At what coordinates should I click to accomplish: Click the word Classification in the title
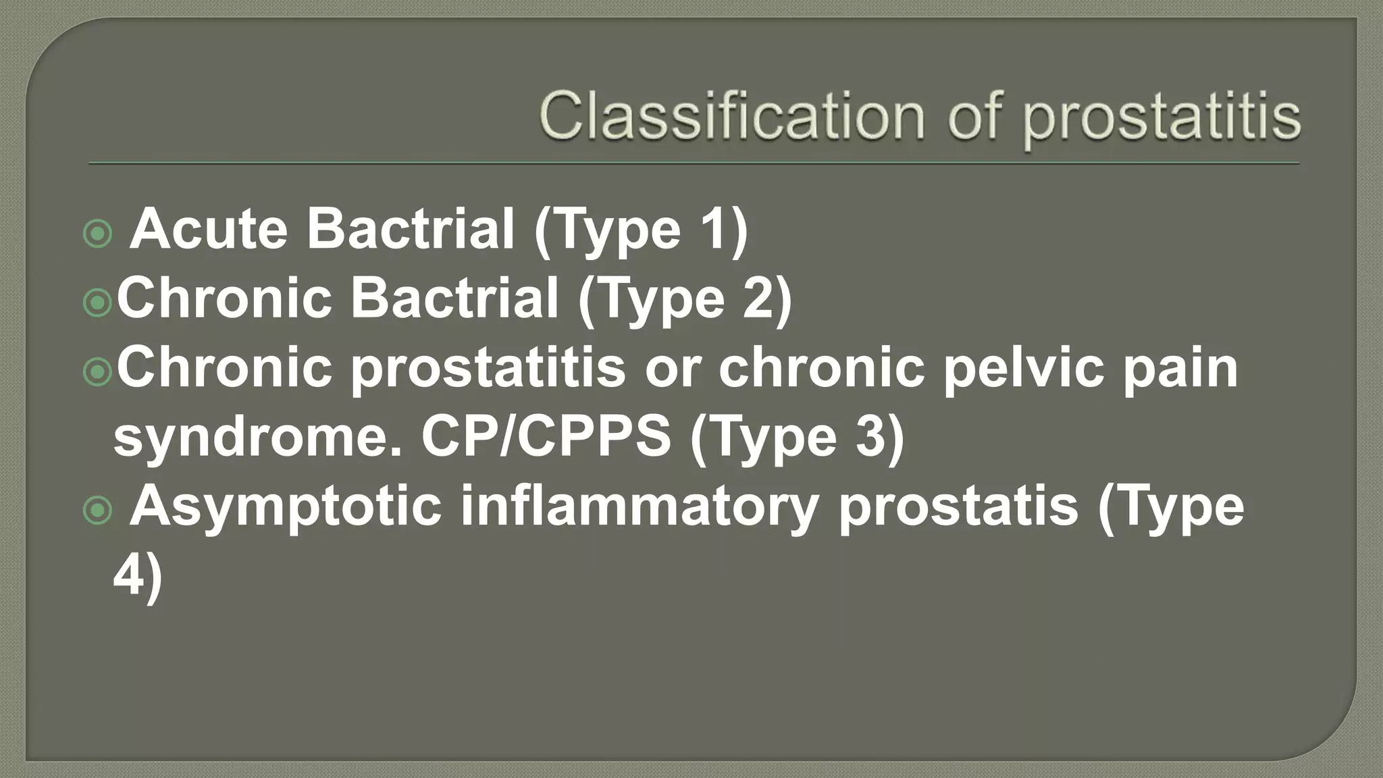(732, 116)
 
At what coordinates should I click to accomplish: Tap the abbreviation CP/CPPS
(546, 436)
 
